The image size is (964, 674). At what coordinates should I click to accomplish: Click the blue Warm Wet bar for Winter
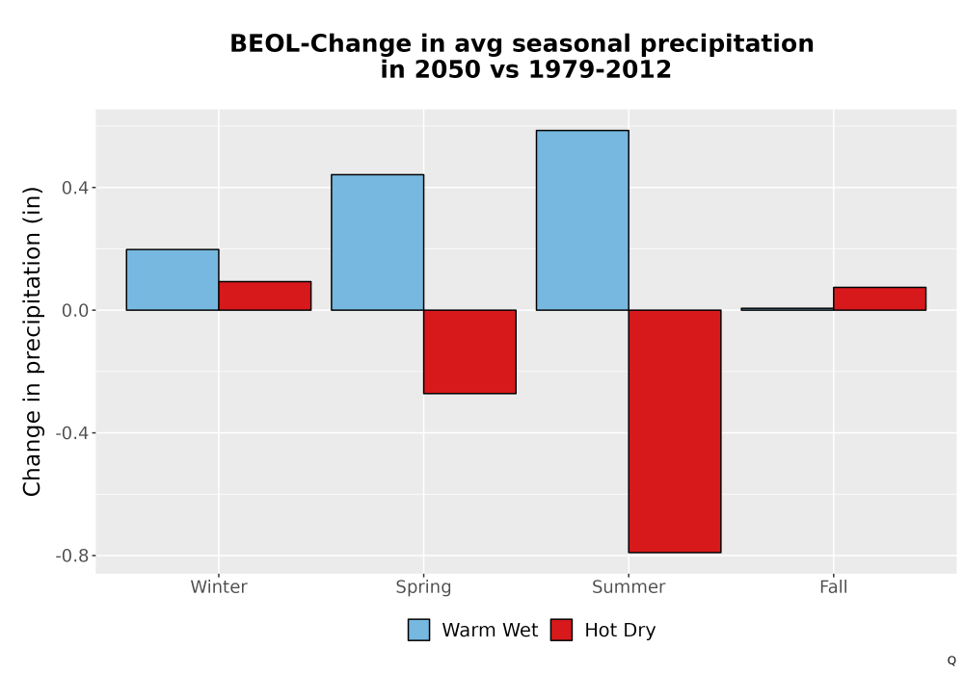[x=173, y=279]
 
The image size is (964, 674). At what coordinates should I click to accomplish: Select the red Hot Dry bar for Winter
[x=265, y=296]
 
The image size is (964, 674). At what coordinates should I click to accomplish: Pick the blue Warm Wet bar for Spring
[x=378, y=243]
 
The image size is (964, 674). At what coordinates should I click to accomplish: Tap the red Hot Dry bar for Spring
[x=469, y=351]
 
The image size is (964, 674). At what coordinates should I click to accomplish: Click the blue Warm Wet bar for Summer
[x=582, y=220]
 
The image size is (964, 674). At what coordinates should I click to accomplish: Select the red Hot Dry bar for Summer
[x=675, y=431]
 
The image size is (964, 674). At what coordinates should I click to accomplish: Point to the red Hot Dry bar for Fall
[x=880, y=298]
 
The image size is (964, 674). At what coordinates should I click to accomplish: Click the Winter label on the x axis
[x=219, y=586]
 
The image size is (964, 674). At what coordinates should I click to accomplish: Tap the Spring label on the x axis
[x=423, y=587]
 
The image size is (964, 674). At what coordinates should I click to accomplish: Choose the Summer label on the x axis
[x=629, y=586]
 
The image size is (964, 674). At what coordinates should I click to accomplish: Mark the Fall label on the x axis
[x=834, y=586]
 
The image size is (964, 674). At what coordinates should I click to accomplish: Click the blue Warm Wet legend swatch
[x=418, y=630]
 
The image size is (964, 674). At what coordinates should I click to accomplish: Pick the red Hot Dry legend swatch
[x=561, y=630]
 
